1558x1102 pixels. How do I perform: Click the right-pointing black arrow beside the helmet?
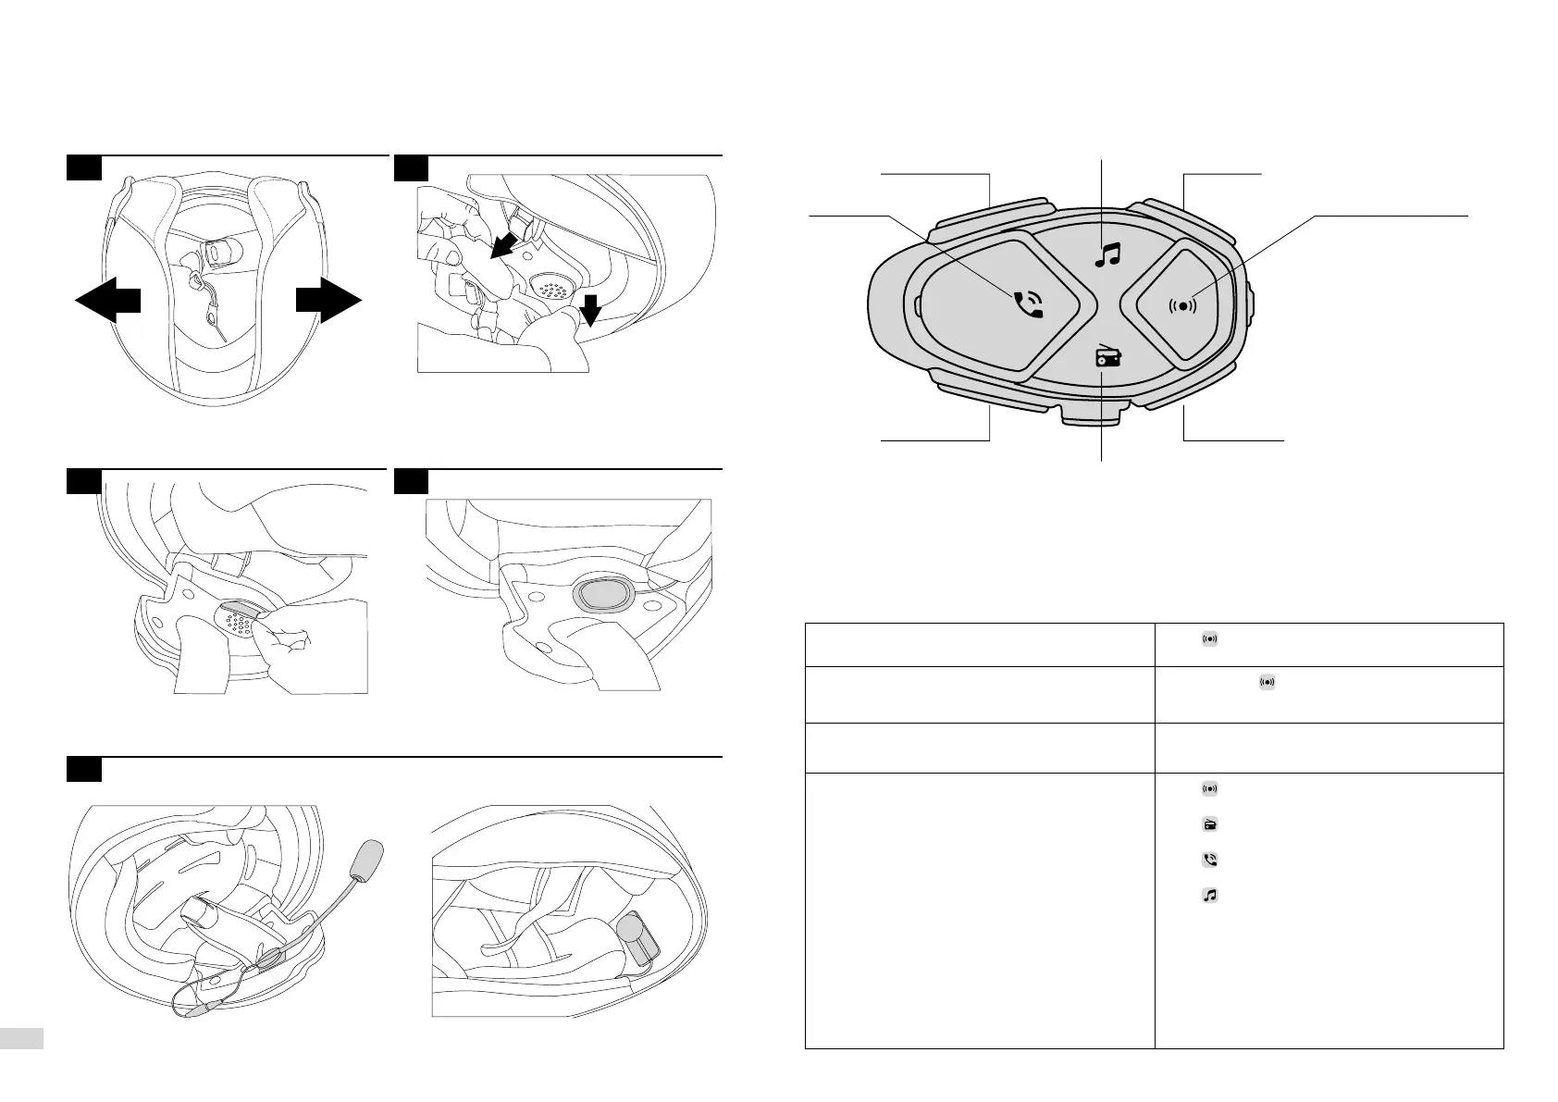point(328,303)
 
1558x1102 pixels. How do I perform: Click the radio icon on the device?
point(1107,357)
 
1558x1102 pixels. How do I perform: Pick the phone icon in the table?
point(1209,860)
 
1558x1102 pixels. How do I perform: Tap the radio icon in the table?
point(1209,824)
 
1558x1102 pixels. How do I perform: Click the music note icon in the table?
point(1209,895)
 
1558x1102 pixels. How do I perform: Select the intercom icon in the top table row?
point(1209,638)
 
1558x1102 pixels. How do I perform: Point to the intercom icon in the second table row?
point(1266,683)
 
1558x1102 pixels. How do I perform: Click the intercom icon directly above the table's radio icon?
point(1209,789)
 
